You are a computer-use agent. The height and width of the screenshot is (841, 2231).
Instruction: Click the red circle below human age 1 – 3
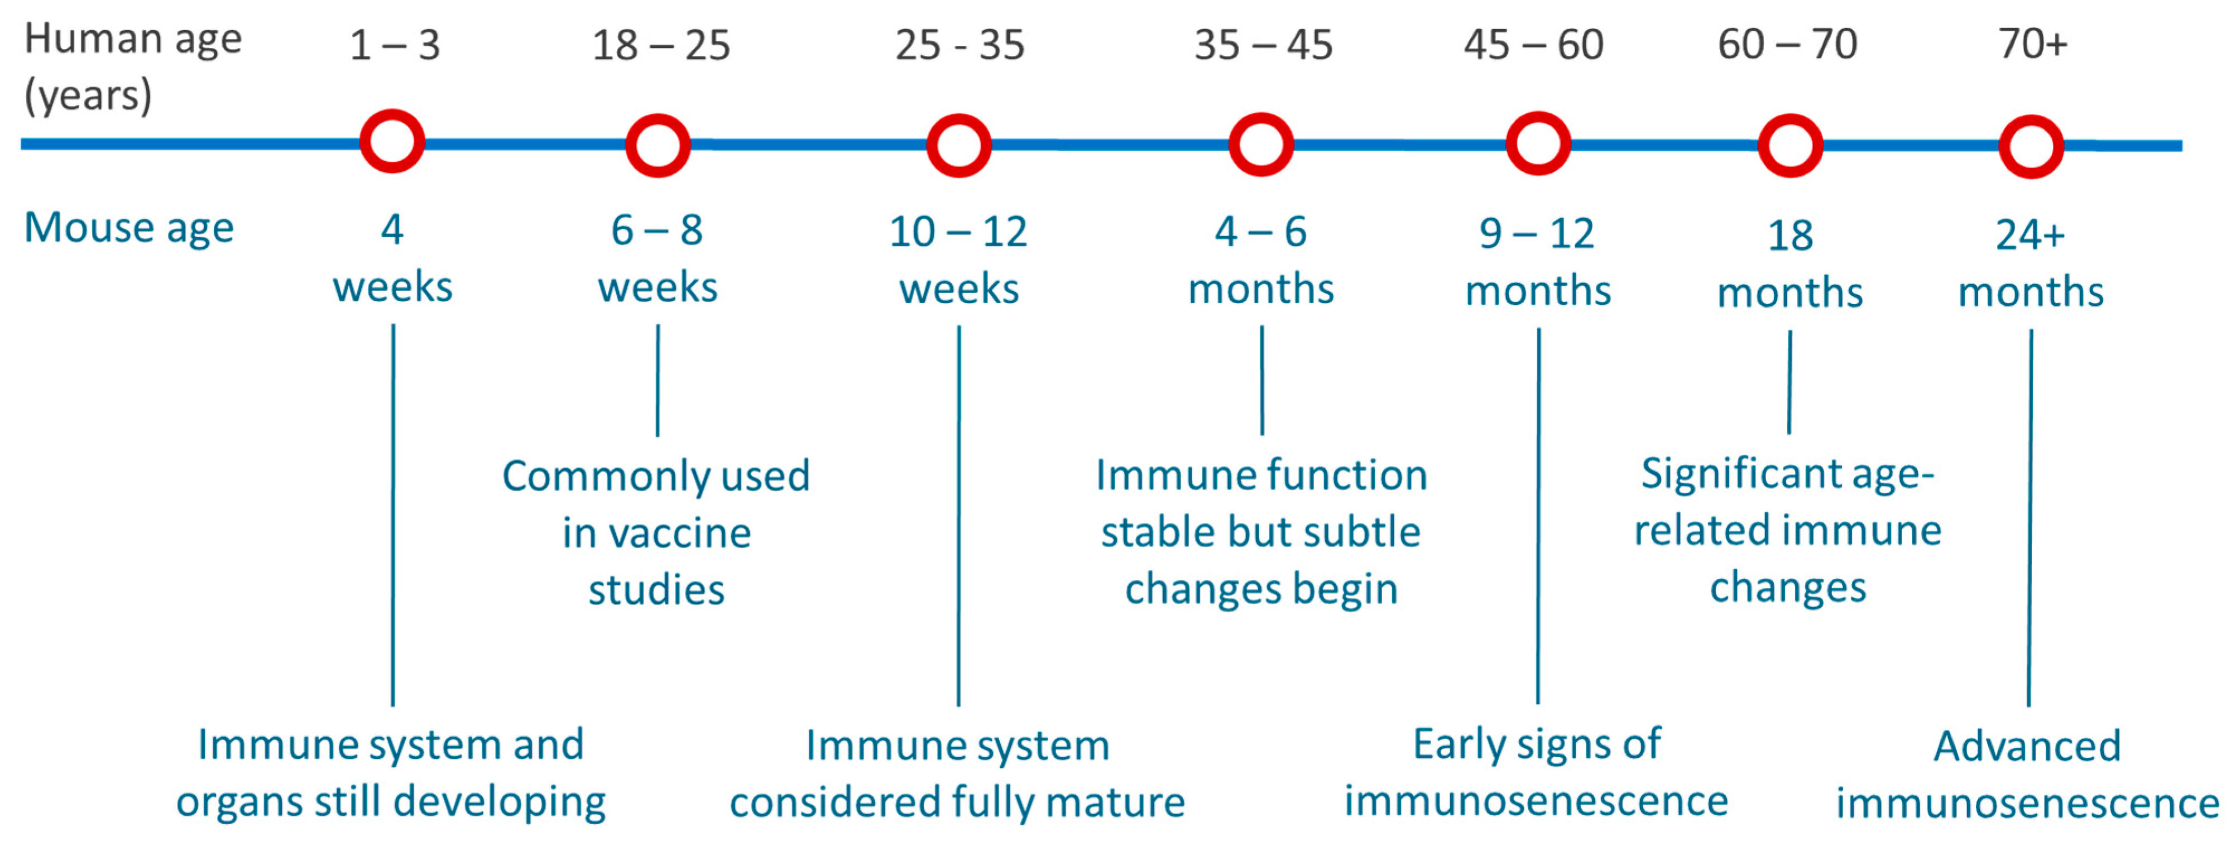(392, 142)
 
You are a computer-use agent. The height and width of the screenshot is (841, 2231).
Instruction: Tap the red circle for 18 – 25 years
(658, 145)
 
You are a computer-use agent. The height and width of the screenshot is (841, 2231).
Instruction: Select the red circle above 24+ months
(2031, 146)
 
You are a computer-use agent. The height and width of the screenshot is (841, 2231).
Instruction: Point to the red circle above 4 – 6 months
(1261, 145)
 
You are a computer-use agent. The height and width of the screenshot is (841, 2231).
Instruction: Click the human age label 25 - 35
(959, 45)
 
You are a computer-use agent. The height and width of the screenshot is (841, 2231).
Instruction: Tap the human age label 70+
(2033, 44)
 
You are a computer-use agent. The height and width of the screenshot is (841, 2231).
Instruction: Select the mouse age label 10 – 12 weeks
(959, 260)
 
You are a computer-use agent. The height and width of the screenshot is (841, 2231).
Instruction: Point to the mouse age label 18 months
(1789, 263)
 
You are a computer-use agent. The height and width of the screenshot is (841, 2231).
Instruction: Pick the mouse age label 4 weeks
(392, 257)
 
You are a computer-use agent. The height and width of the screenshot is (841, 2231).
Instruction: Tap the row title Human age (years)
(132, 67)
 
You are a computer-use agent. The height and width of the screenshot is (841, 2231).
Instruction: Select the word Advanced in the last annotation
(2027, 746)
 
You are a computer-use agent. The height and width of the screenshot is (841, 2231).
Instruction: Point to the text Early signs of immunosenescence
(1537, 772)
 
